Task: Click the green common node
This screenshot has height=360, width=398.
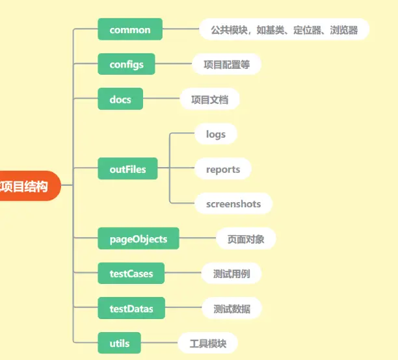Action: coord(130,30)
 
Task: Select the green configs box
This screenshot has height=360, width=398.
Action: coord(126,64)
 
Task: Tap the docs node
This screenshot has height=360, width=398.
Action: coord(120,99)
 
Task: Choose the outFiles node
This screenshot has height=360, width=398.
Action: coord(127,169)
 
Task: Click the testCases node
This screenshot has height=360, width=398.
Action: coord(131,274)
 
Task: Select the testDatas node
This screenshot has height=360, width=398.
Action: coord(131,308)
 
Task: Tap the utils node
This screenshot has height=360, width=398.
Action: coord(119,343)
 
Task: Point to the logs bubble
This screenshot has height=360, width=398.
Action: coord(215,135)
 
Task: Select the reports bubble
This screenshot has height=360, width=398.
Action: coord(223,169)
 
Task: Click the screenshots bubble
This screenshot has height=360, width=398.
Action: coord(233,204)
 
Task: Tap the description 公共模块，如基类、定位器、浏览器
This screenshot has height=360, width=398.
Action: coord(284,30)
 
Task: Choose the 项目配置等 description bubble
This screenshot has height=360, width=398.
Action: coord(226,64)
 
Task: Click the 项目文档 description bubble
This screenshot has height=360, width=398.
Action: coord(209,99)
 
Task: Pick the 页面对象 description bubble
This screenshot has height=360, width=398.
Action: coord(246,238)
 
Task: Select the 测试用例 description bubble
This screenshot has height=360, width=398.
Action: coord(232,274)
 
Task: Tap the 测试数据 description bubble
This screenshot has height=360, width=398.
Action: coord(232,308)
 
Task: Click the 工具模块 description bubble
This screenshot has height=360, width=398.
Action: coord(207,343)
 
